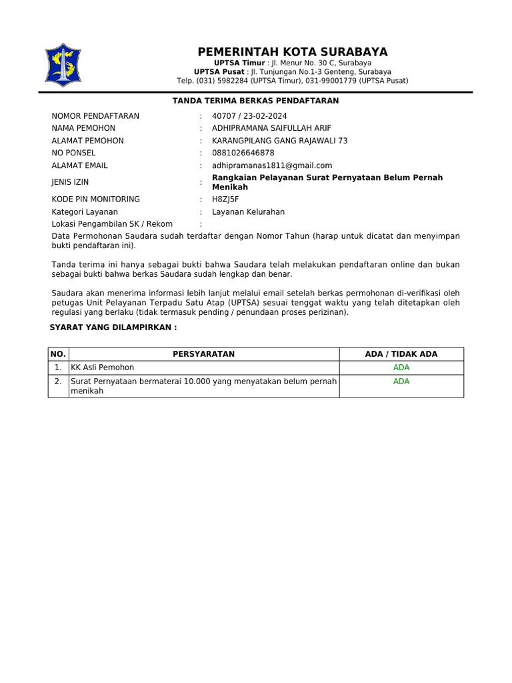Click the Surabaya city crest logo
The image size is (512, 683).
(63, 65)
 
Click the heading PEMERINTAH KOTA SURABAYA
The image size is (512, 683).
(292, 52)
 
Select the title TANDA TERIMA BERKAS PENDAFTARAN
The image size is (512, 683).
(256, 101)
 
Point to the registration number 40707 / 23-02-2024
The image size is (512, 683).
(249, 116)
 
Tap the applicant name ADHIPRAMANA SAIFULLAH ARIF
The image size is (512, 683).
(271, 128)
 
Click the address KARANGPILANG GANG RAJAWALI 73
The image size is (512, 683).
(279, 141)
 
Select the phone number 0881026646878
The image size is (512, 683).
(243, 153)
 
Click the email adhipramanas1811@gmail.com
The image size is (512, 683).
(272, 165)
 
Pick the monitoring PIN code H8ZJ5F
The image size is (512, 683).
(225, 199)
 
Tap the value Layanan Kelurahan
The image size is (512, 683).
(248, 212)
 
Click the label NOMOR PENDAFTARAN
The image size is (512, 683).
(95, 116)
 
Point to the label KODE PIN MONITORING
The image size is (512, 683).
(96, 199)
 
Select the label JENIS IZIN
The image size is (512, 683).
(70, 182)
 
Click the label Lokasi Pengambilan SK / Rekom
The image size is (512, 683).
(112, 224)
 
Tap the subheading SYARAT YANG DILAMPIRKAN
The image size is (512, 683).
(113, 328)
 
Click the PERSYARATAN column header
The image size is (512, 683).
(203, 354)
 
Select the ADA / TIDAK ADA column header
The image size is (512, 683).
(401, 354)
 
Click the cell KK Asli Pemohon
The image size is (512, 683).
(103, 368)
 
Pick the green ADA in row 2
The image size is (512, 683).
(401, 382)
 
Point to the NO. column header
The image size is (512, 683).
(59, 354)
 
